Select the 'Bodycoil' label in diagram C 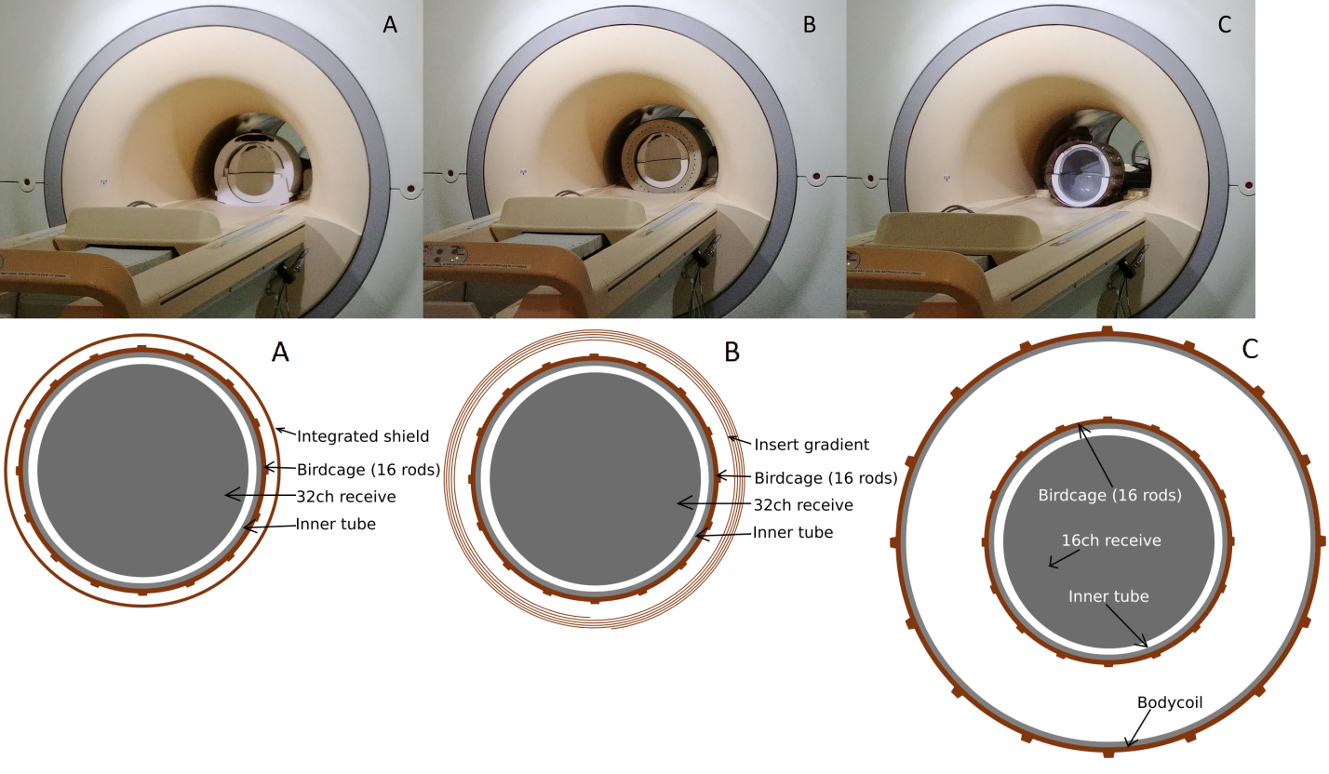tap(1170, 703)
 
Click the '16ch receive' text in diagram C tap(1111, 540)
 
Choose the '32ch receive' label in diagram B tap(803, 505)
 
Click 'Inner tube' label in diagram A tap(336, 524)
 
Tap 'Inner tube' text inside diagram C tap(1108, 596)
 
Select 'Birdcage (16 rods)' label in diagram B tap(826, 478)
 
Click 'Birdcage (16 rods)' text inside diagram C tap(1109, 496)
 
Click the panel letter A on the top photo tap(390, 25)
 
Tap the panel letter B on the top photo tap(809, 25)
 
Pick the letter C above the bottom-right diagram tap(1250, 349)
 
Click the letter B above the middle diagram tap(732, 353)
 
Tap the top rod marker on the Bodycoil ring tap(1107, 329)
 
